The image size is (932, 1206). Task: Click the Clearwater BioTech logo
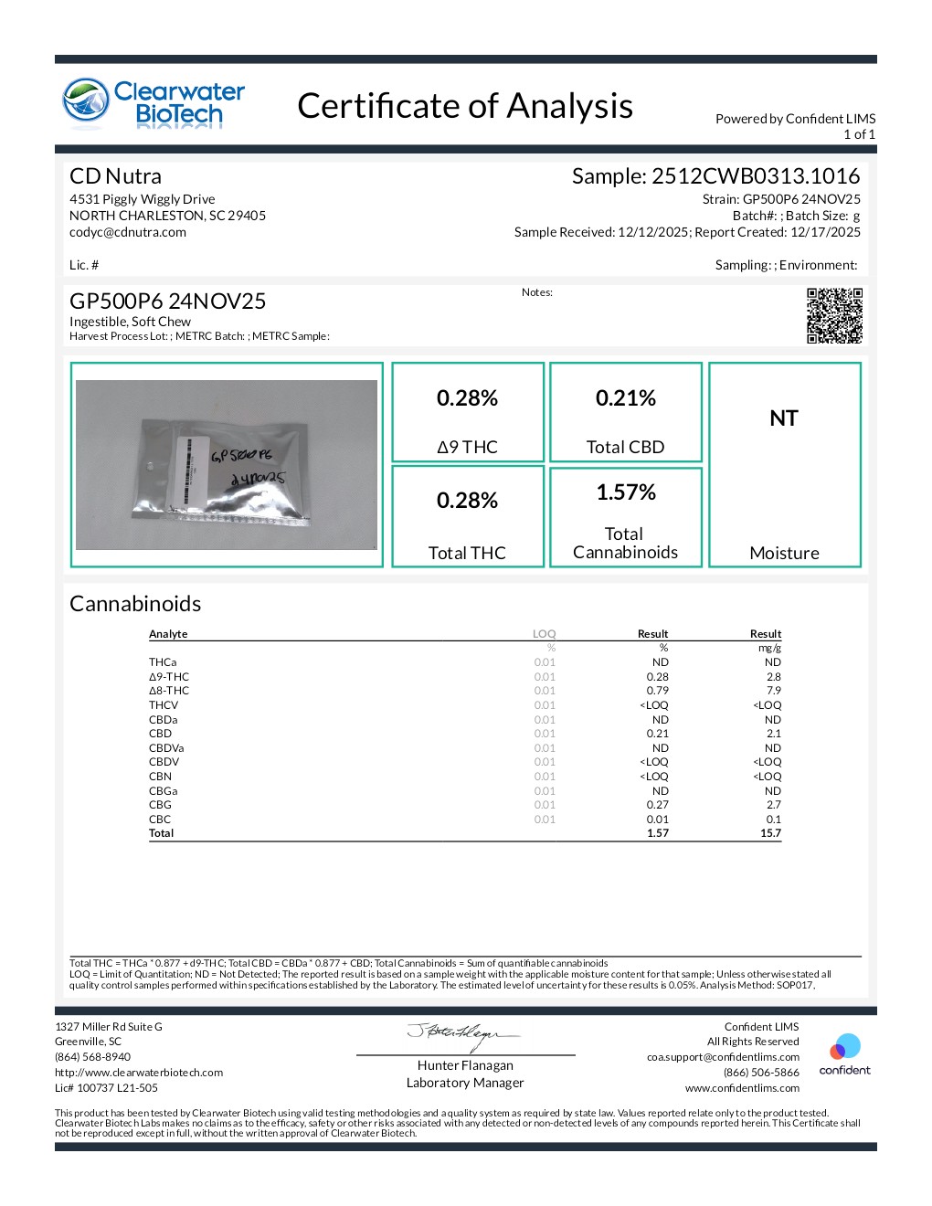(154, 102)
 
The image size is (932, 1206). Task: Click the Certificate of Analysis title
(465, 106)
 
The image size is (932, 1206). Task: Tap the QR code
(834, 316)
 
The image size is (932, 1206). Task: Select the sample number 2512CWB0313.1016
(756, 176)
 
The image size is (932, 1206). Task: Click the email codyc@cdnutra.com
(128, 232)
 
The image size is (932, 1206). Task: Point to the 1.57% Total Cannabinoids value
(626, 492)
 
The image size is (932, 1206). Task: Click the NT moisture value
(784, 418)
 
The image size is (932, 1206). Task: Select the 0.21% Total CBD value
(626, 398)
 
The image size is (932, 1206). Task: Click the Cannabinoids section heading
(135, 604)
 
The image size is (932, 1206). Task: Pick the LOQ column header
(545, 634)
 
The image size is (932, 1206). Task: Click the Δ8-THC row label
(169, 691)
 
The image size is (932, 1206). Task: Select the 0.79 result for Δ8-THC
(658, 691)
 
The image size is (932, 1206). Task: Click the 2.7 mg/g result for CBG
(773, 805)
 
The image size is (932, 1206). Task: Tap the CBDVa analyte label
(166, 748)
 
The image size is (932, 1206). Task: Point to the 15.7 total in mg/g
(770, 833)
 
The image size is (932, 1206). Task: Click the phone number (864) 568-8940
(92, 1057)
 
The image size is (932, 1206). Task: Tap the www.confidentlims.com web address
(742, 1088)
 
